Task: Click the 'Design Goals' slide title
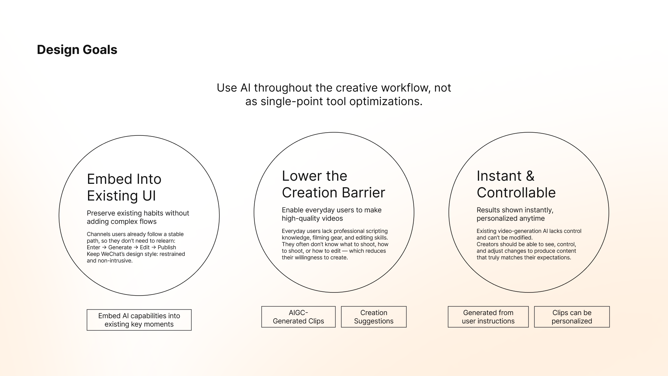pyautogui.click(x=77, y=50)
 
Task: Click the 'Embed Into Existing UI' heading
pyautogui.click(x=124, y=187)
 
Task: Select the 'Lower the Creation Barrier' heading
pyautogui.click(x=333, y=184)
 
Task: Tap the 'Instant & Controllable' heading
pyautogui.click(x=516, y=184)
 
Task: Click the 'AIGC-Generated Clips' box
pyautogui.click(x=298, y=317)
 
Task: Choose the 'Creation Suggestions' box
pyautogui.click(x=374, y=317)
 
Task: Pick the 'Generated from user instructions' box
pyautogui.click(x=488, y=317)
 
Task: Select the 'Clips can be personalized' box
pyautogui.click(x=572, y=317)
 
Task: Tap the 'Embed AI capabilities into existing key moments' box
pyautogui.click(x=139, y=320)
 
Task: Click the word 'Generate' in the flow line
pyautogui.click(x=120, y=248)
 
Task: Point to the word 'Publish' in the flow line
pyautogui.click(x=167, y=248)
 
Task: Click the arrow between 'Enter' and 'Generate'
pyautogui.click(x=104, y=248)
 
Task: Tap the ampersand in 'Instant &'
pyautogui.click(x=530, y=176)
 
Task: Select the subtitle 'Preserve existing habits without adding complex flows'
pyautogui.click(x=138, y=217)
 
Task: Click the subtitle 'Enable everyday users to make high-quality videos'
pyautogui.click(x=332, y=214)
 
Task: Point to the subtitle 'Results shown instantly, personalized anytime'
pyautogui.click(x=515, y=214)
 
